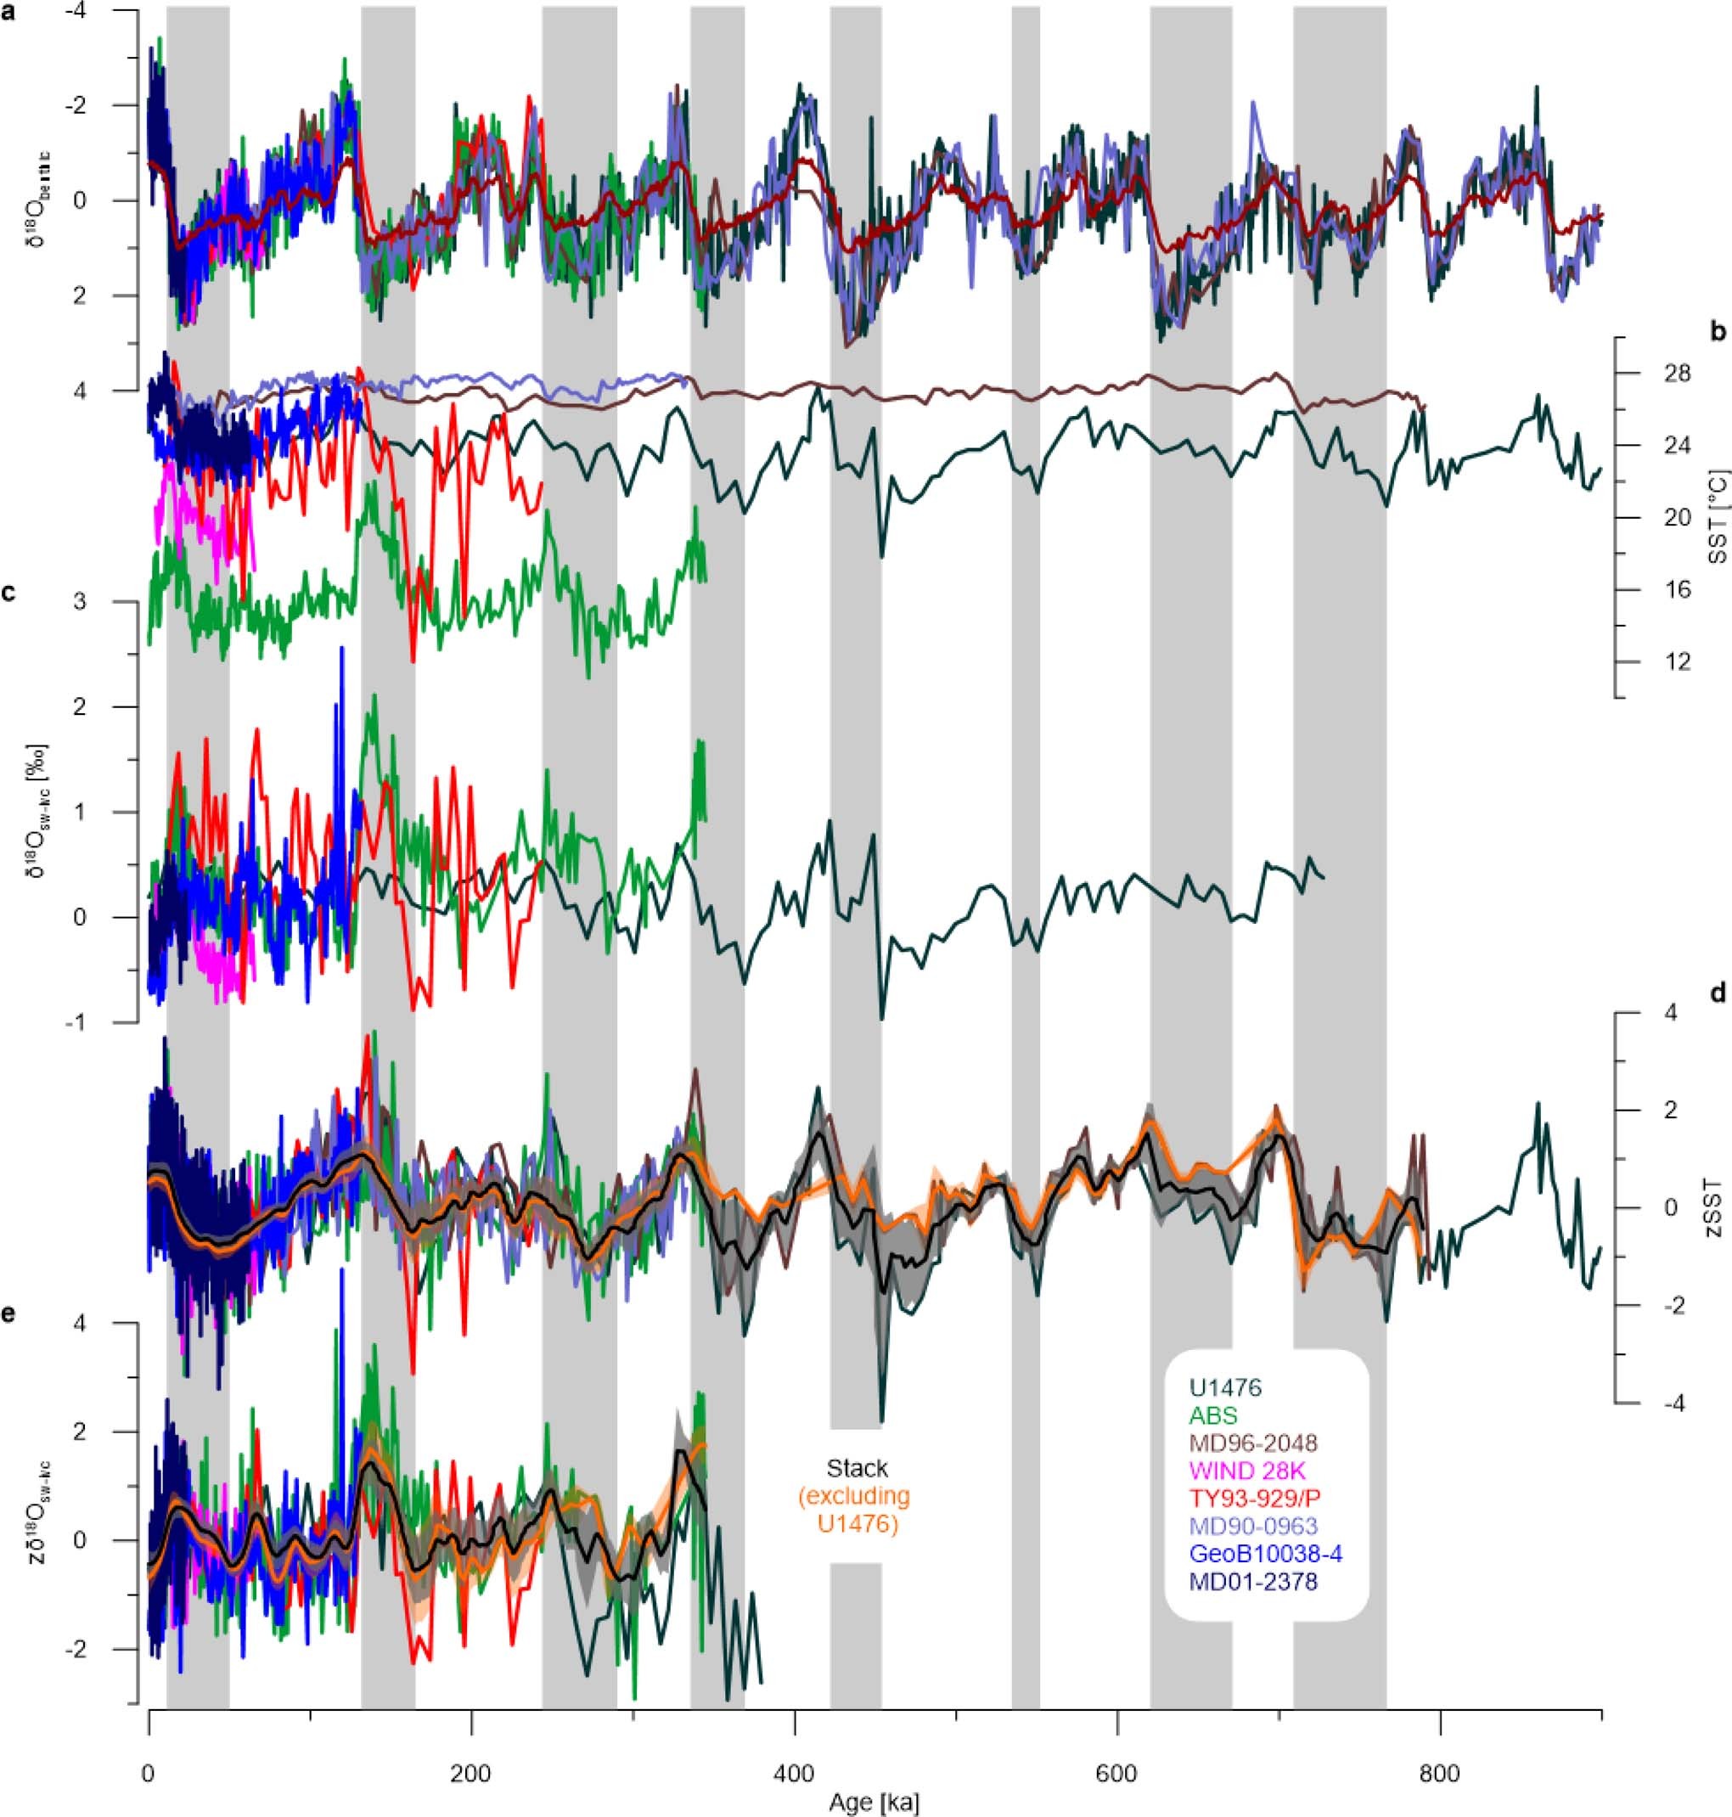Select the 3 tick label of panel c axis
(x=105, y=602)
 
